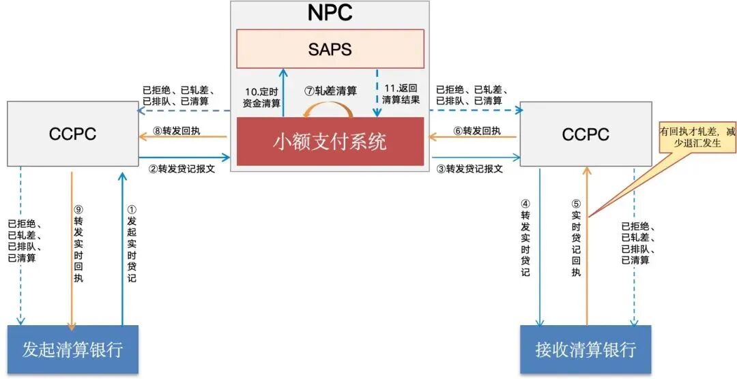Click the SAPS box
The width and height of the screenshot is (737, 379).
[330, 48]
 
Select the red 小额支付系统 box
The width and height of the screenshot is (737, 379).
[330, 141]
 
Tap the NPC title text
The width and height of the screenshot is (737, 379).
[330, 14]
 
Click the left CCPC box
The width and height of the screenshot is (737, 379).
[72, 134]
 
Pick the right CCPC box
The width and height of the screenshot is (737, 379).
[585, 134]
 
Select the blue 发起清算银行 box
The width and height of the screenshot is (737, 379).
[72, 350]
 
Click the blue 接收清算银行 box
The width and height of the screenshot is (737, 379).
[586, 350]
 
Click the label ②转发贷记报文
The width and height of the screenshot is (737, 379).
[182, 169]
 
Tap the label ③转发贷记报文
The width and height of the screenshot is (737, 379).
[469, 169]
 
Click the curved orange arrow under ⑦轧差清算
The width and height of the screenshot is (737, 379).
[329, 110]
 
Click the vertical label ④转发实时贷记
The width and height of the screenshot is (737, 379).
[525, 238]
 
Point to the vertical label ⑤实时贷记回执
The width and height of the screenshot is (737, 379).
[576, 238]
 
